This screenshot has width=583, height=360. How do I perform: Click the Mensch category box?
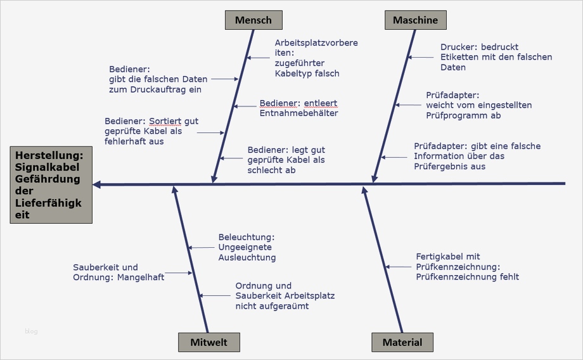(253, 20)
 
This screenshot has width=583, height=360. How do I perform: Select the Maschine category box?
(415, 20)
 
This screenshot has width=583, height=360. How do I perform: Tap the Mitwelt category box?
(208, 342)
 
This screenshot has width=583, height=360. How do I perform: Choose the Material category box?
(402, 342)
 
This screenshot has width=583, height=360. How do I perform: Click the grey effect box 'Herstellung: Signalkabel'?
(51, 184)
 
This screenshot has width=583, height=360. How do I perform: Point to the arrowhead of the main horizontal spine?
(97, 184)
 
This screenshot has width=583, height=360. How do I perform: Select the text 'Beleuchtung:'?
(246, 237)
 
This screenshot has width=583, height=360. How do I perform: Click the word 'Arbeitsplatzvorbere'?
(316, 43)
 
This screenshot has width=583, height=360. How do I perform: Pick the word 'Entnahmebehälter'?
(299, 113)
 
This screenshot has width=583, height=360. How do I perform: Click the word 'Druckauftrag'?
(158, 90)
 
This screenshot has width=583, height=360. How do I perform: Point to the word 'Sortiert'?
(165, 121)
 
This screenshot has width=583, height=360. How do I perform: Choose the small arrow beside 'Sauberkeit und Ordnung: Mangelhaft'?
(181, 273)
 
